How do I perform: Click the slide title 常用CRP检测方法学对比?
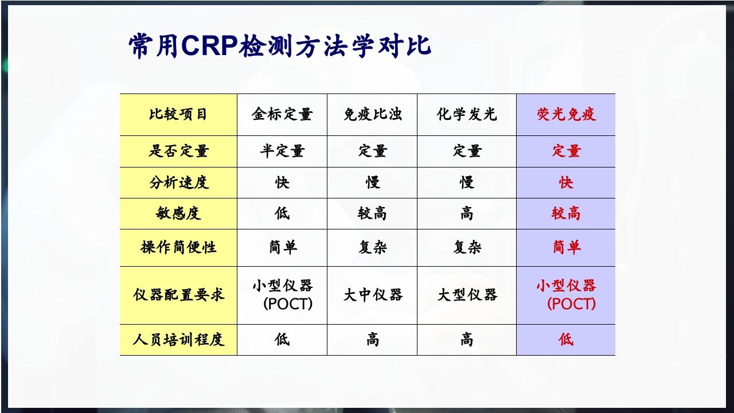point(279,46)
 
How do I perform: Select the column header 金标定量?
point(282,114)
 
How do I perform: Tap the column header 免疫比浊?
point(372,114)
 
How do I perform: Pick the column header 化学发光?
point(466,114)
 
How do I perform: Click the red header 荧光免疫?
point(566,114)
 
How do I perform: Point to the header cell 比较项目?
point(178,114)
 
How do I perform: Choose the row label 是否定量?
point(178,151)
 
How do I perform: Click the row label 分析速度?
point(178,183)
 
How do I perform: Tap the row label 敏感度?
point(178,214)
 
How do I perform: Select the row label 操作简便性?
point(178,248)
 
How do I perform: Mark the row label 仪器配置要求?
point(178,295)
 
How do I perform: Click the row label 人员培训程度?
point(178,340)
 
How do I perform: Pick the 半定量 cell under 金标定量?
point(282,151)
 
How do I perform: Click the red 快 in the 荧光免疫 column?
point(566,183)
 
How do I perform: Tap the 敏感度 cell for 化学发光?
point(466,214)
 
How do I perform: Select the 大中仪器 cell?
point(372,295)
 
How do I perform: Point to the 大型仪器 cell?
point(466,295)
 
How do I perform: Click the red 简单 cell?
point(566,248)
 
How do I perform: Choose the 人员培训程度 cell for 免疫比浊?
point(372,340)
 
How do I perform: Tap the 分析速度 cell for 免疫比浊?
point(372,183)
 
